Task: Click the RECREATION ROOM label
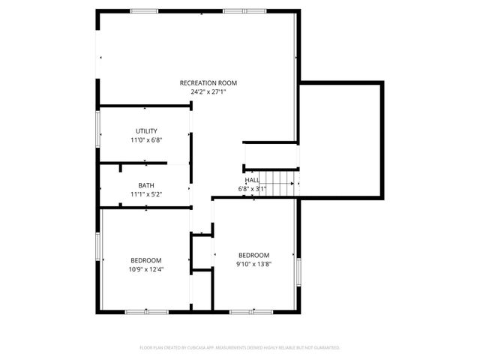pyautogui.click(x=208, y=82)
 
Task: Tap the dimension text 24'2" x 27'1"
pyautogui.click(x=208, y=92)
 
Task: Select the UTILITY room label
pyautogui.click(x=146, y=131)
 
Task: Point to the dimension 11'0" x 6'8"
pyautogui.click(x=146, y=140)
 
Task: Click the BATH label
pyautogui.click(x=146, y=185)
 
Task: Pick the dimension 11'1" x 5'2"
pyautogui.click(x=146, y=194)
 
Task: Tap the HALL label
pyautogui.click(x=252, y=180)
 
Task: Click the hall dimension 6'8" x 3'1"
pyautogui.click(x=252, y=188)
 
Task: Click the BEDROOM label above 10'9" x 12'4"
pyautogui.click(x=146, y=260)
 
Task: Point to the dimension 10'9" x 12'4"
pyautogui.click(x=146, y=269)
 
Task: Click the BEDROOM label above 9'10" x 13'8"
pyautogui.click(x=253, y=255)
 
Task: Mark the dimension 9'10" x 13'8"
pyautogui.click(x=253, y=264)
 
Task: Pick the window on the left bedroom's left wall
pyautogui.click(x=97, y=247)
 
